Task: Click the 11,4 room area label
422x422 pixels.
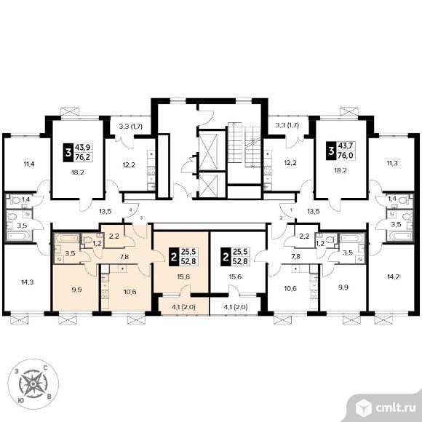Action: pos(29,164)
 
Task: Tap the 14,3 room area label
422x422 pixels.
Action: pos(28,282)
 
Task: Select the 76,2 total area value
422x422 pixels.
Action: pos(82,157)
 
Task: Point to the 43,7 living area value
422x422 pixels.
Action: pos(345,146)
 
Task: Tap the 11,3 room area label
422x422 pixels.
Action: pos(392,163)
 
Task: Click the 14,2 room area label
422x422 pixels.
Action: pos(393,276)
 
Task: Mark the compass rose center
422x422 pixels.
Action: pos(33,383)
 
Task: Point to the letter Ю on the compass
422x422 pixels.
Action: pos(20,400)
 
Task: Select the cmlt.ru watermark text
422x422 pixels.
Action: pos(395,408)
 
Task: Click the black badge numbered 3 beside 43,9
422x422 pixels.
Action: pos(68,153)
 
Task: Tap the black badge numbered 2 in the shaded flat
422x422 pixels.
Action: pos(174,257)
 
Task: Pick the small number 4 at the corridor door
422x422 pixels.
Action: pos(130,210)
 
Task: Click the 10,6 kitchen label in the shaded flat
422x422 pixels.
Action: pos(130,292)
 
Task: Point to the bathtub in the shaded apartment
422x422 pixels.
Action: pos(66,238)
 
